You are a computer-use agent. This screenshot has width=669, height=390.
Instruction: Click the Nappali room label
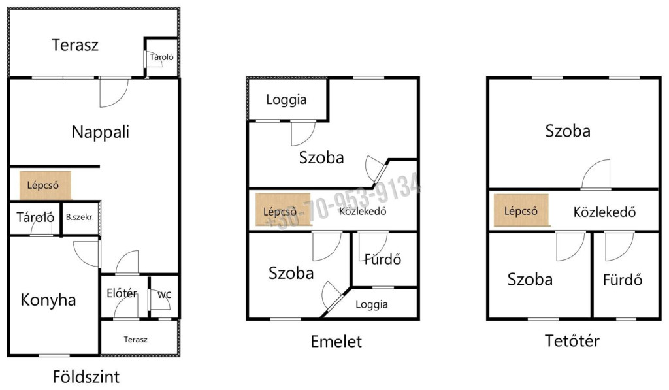pos(100,132)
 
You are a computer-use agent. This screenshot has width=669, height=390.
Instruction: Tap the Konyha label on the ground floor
pos(48,300)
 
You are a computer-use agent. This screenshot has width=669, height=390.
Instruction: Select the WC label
pos(164,295)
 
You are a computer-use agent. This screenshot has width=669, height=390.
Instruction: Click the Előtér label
pos(122,293)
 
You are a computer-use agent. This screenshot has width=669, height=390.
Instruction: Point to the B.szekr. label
pos(80,217)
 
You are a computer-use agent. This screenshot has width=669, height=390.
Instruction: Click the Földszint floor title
pos(86,377)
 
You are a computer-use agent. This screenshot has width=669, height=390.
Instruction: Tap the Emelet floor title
pos(336,342)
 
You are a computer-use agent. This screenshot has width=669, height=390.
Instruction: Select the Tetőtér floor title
pos(572,340)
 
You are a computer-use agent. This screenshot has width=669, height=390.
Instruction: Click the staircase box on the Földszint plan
pos(45,185)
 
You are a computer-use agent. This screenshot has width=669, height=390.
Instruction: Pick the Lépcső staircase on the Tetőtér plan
pos(521,210)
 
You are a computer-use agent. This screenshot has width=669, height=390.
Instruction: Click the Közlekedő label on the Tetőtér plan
pos(604,212)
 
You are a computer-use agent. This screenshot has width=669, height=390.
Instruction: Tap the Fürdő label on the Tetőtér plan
pos(623,280)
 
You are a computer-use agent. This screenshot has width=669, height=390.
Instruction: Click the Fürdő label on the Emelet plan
pos(383,259)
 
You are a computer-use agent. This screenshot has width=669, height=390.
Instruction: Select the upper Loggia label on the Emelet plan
pos(286,99)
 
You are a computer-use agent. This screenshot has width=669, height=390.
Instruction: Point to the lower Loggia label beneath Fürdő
pos(372,304)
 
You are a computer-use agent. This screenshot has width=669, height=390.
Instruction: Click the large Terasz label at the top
pos(75,45)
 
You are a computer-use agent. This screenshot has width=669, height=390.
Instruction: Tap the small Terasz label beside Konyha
pos(136,340)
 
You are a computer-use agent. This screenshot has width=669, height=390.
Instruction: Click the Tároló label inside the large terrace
pos(162,57)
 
